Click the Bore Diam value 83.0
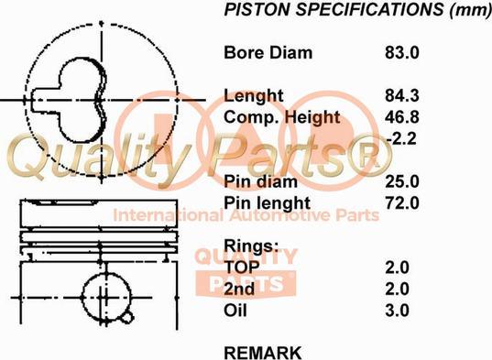coord(401,52)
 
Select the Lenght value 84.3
coord(401,96)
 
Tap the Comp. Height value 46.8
coord(401,117)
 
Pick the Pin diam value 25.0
coord(401,181)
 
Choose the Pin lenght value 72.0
coord(401,202)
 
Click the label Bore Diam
coord(268,52)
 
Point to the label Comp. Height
coord(282,117)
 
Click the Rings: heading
coord(250,245)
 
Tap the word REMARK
coord(262,352)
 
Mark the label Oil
coord(235,310)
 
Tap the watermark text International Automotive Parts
coord(246,215)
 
